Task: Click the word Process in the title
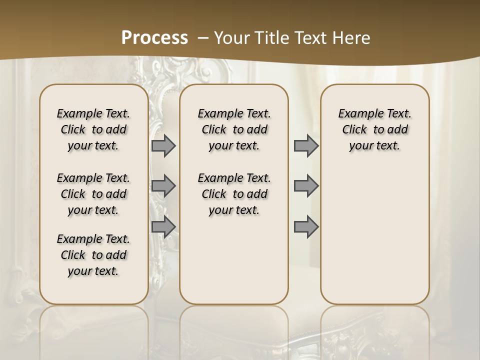click(154, 38)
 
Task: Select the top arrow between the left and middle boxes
click(163, 146)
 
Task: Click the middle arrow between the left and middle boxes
click(163, 186)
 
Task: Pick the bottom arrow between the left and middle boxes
click(163, 227)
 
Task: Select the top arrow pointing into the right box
click(306, 146)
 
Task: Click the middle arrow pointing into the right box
click(306, 186)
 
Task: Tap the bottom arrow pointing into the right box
click(306, 227)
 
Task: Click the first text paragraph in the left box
click(93, 129)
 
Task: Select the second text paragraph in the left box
click(93, 194)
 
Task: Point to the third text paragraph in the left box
click(93, 255)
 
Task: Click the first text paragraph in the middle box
click(234, 129)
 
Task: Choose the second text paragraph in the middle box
click(234, 194)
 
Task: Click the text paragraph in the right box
click(375, 129)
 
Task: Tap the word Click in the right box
click(354, 130)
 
